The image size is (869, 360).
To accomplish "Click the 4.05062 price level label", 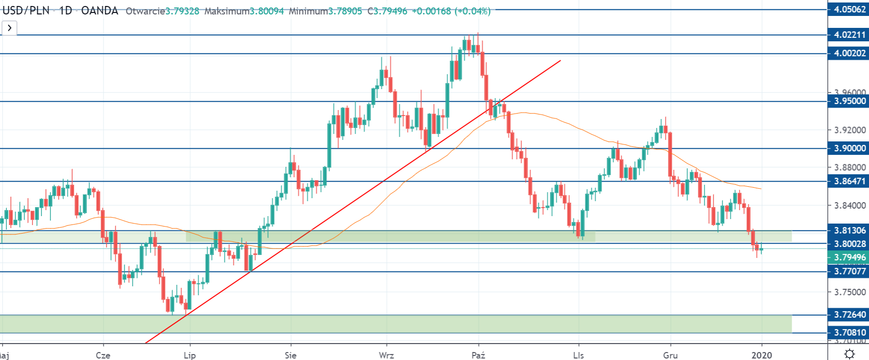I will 849,9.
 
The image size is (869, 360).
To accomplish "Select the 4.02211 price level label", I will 849,35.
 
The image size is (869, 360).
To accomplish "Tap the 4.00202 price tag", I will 849,53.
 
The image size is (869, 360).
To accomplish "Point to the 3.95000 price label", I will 849,101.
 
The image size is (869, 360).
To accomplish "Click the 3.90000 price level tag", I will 849,148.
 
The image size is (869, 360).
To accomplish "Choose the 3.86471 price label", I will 849,181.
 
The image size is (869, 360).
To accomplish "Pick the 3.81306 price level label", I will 849,231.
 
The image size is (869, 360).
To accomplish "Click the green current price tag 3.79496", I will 849,257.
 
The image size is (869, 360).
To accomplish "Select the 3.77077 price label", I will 849,271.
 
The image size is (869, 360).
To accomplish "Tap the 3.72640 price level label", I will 849,315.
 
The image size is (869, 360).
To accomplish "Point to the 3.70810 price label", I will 849,333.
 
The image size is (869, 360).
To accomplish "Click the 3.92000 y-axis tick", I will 850,130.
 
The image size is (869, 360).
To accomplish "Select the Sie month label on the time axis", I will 290,355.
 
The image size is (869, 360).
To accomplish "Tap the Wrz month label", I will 386,355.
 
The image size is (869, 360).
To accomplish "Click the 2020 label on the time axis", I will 761,355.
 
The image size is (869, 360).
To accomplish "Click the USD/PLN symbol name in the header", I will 26,11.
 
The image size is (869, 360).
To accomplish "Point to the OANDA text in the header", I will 100,11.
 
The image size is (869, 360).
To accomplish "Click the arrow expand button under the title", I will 9,28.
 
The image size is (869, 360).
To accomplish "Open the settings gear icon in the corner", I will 850,354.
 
